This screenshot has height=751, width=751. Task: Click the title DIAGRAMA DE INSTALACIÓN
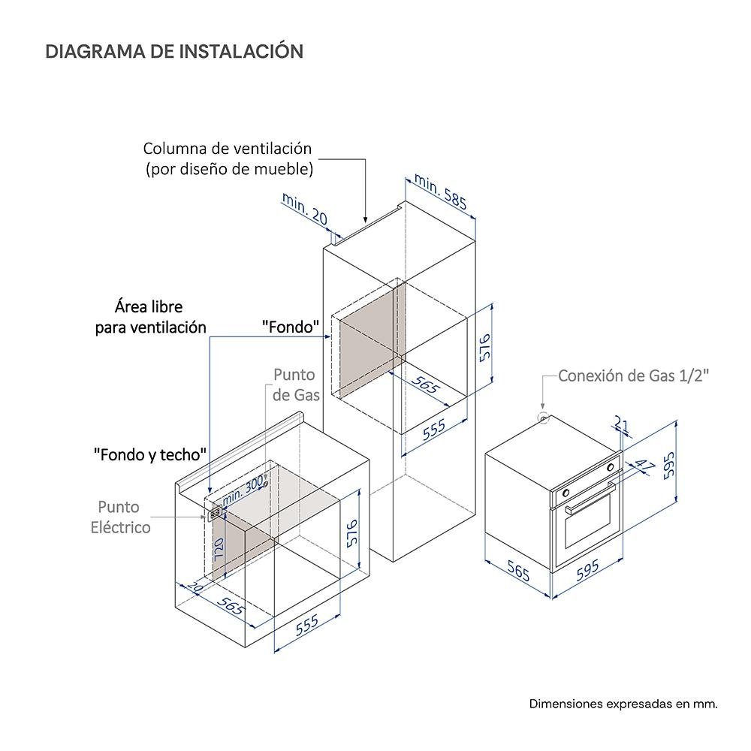point(174,51)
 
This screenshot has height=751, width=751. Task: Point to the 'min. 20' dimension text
point(305,208)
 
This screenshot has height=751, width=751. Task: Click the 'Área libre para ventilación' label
point(150,317)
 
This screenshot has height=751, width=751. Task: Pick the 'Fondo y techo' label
point(150,454)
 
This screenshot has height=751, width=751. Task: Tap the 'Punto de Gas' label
point(294,384)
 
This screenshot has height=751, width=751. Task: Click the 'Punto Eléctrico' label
point(120,517)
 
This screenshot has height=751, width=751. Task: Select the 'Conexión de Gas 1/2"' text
point(633,375)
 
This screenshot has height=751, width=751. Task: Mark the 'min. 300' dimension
point(244,487)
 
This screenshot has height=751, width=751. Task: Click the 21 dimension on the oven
point(621,425)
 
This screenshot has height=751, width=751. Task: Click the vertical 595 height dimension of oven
point(670,467)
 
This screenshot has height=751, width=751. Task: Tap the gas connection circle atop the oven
point(543,418)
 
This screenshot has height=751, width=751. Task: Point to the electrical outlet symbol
point(215,514)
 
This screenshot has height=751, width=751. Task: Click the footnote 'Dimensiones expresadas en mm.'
point(623,704)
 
